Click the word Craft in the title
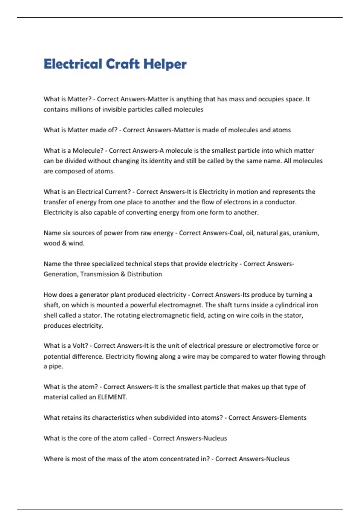coord(123,64)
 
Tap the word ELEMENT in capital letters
coord(112,397)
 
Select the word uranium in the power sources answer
coord(305,233)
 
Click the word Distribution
coord(144,274)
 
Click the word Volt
coord(80,346)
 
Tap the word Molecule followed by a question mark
coord(88,150)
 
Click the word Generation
coord(60,274)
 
